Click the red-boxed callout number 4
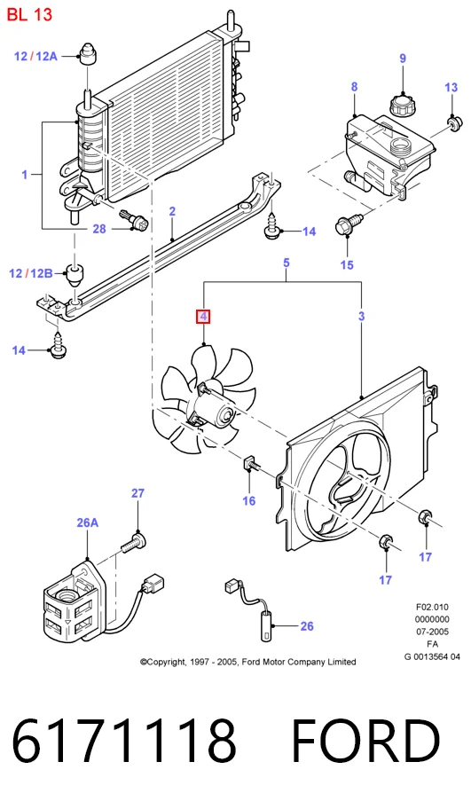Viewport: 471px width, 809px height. [x=203, y=317]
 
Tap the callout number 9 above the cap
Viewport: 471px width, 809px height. [x=403, y=59]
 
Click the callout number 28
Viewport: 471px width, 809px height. [x=99, y=229]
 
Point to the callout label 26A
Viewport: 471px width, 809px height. [x=87, y=522]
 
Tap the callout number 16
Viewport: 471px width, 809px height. [x=248, y=500]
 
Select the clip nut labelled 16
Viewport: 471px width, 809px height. [x=249, y=463]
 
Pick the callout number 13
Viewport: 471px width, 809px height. [x=451, y=87]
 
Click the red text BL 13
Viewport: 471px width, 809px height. [x=29, y=15]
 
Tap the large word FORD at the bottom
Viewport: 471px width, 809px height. [x=365, y=742]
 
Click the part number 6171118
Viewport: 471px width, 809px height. [x=124, y=742]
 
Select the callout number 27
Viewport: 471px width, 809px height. [x=137, y=493]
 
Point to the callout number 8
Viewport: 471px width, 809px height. [x=355, y=87]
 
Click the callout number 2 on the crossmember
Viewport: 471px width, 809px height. [x=172, y=211]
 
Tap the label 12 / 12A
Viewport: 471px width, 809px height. [x=35, y=56]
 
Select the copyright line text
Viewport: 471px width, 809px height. [x=248, y=662]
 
